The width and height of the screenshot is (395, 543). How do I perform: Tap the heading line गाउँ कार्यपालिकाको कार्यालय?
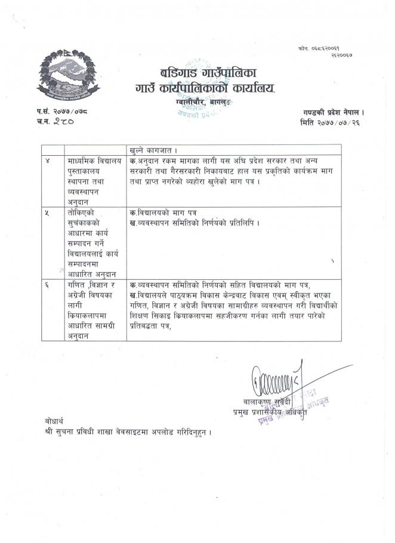pyautogui.click(x=205, y=90)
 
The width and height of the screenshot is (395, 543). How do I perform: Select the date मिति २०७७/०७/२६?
pyautogui.click(x=332, y=123)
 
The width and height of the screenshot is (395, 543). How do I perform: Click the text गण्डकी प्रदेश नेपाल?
pyautogui.click(x=332, y=112)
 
